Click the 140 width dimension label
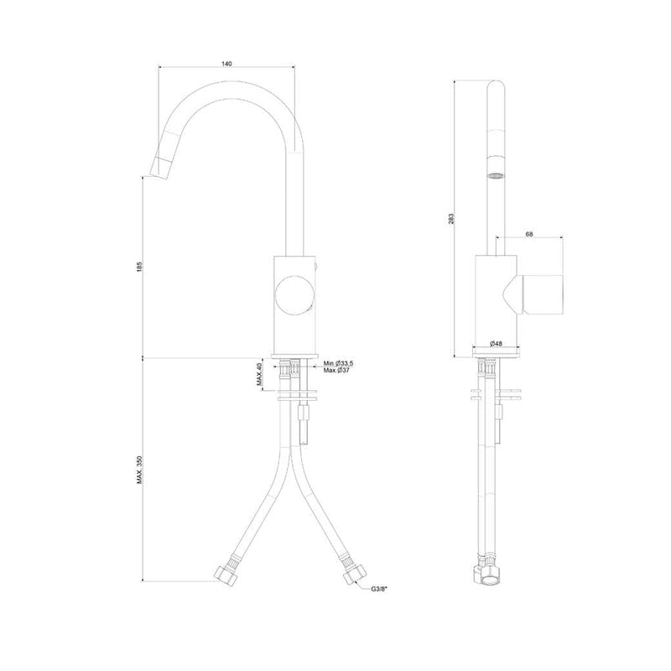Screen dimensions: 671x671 pos(226,64)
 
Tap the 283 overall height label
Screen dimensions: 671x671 pos(452,218)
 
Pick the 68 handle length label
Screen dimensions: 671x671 pos(529,236)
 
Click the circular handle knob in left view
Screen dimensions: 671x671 pos(294,294)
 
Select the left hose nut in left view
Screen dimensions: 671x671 pos(227,576)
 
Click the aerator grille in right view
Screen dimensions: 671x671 pos(496,174)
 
